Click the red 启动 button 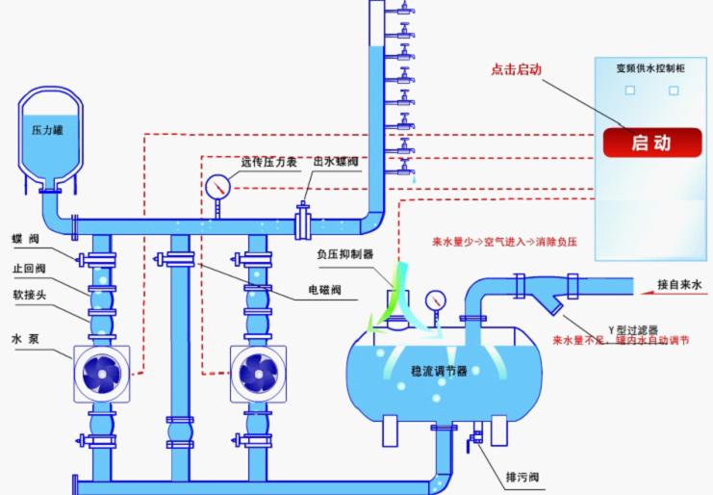tap(650, 143)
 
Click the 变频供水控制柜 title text tap(650, 68)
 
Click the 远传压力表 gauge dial tap(216, 183)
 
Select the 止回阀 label tap(27, 269)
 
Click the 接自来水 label tap(680, 284)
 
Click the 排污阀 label tap(521, 477)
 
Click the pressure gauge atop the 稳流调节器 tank tap(436, 299)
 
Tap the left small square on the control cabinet tap(630, 90)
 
